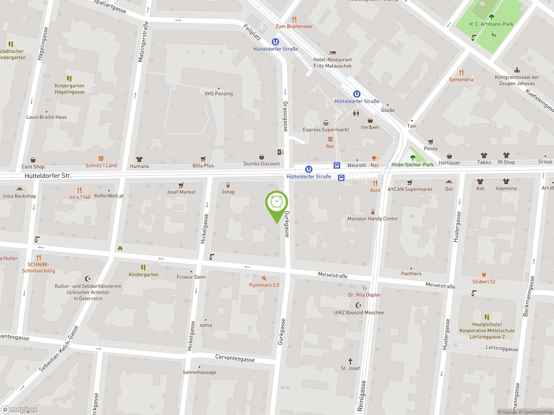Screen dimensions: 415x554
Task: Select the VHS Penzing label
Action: point(218,94)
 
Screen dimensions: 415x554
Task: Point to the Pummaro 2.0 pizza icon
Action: point(264,278)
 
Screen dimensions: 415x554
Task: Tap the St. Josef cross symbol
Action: point(350,361)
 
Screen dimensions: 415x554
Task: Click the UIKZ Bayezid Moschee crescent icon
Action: point(359,305)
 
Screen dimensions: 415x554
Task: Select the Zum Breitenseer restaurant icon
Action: point(294,19)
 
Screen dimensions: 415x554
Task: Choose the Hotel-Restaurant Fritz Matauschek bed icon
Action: point(333,53)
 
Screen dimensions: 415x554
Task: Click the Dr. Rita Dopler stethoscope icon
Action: point(364,288)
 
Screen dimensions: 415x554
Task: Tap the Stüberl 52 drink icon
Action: point(484,275)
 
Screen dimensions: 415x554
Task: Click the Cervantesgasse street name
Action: point(235,358)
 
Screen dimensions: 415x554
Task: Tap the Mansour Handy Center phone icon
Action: point(373,212)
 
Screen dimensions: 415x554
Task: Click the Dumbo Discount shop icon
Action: point(261,157)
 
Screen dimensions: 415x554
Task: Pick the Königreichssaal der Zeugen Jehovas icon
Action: point(517,70)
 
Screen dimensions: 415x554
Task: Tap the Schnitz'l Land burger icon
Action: point(101,158)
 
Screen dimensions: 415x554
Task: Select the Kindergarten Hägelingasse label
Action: point(69,89)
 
